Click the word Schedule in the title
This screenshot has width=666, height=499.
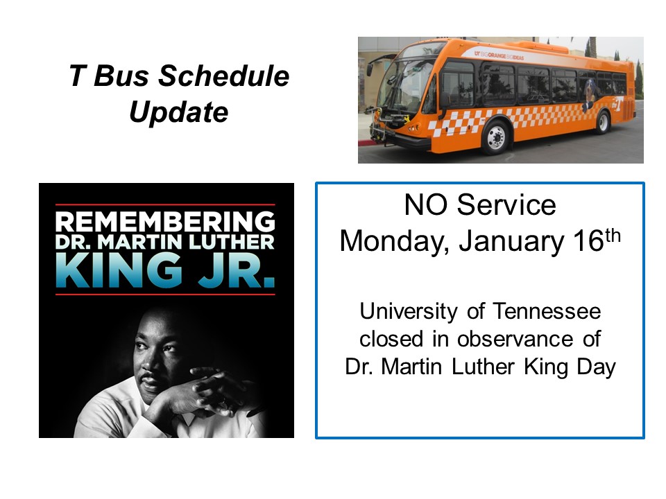point(223,76)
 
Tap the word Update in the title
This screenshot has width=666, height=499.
point(179,112)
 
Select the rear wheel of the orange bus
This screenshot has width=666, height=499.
point(602,122)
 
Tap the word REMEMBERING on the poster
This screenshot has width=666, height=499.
point(165,222)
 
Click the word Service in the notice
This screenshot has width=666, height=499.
point(506,205)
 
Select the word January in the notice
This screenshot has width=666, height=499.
point(511,242)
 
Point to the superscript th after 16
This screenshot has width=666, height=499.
point(613,236)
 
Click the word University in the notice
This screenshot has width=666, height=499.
point(409,312)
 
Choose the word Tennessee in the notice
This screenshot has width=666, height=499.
point(547,311)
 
